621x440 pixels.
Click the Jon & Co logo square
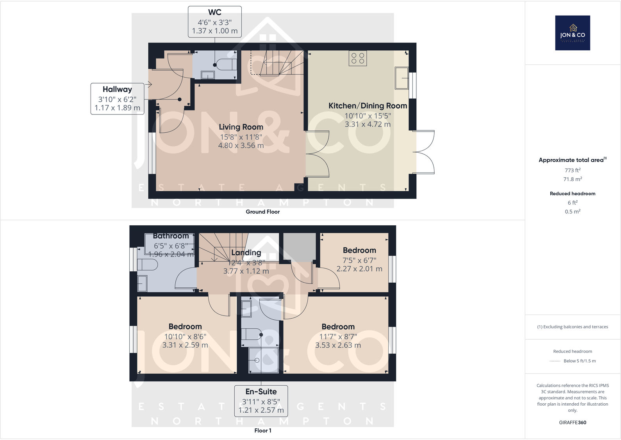coord(572,33)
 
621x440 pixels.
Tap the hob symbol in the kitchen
coord(357,59)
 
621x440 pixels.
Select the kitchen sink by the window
coord(402,78)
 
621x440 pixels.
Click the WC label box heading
coord(214,12)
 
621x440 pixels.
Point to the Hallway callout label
coord(117,89)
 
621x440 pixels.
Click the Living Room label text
coord(241,127)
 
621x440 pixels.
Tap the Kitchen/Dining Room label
coord(367,106)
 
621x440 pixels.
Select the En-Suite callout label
coord(261,392)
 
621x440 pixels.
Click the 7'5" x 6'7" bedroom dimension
coord(359,260)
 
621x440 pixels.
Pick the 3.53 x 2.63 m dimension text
coord(338,345)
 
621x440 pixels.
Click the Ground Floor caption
coord(262,212)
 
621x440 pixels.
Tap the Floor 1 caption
coord(262,430)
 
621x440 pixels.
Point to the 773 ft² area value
coord(572,170)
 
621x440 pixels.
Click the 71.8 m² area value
coord(572,179)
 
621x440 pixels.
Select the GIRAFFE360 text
coord(572,422)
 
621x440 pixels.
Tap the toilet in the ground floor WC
coord(225,64)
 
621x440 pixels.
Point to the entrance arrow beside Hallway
coord(148,84)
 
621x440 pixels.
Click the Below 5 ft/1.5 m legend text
coord(579,361)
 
